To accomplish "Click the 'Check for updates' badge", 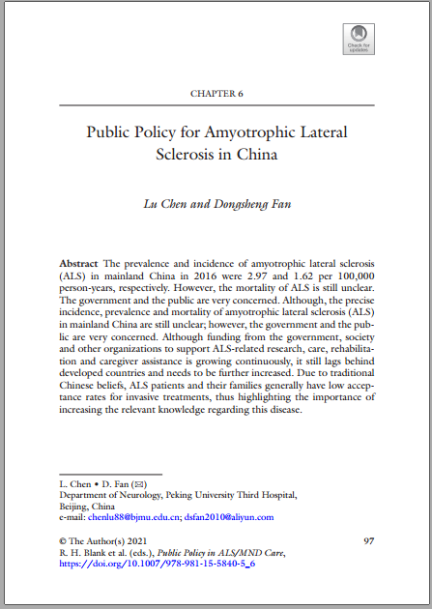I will click(358, 39).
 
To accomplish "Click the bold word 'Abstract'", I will click(78, 263).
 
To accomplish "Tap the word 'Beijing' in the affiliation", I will click(74, 506).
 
